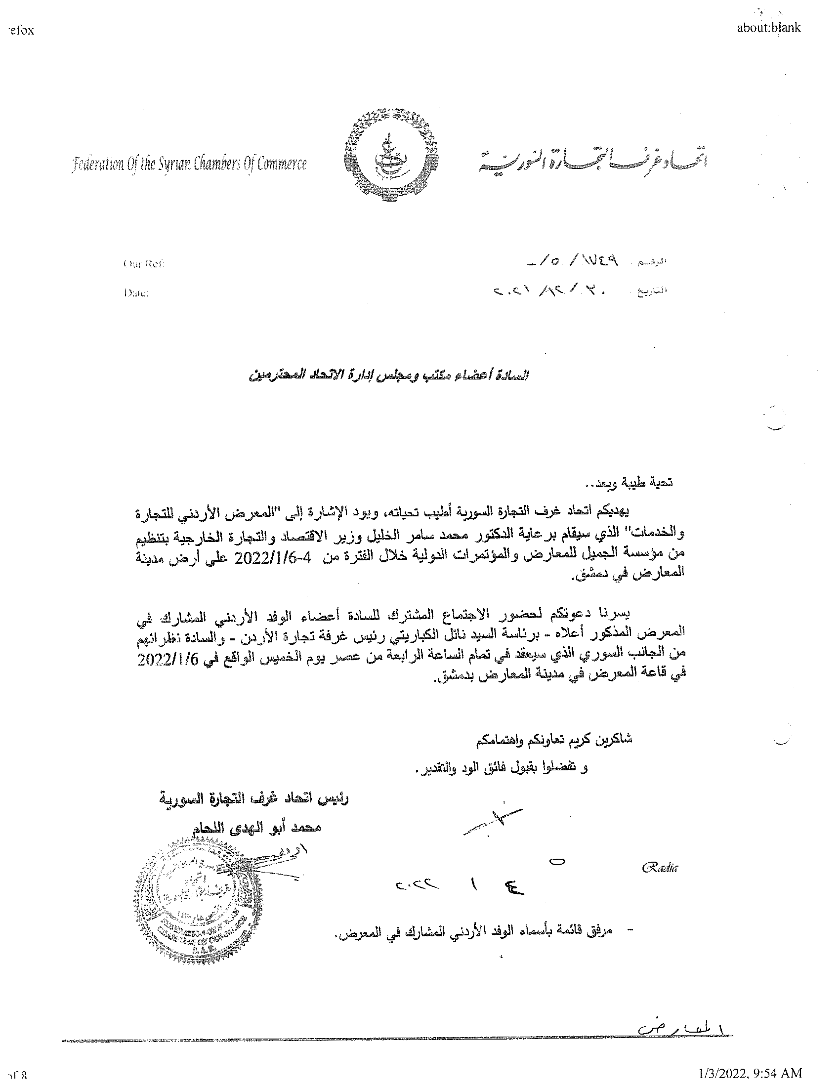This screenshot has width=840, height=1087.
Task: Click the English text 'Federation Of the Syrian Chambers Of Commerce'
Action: pyautogui.click(x=190, y=164)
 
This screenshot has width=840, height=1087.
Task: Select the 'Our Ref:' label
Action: pyautogui.click(x=143, y=264)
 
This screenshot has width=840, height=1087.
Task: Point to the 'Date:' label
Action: pyautogui.click(x=135, y=293)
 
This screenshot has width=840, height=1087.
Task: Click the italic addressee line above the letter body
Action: pyautogui.click(x=389, y=375)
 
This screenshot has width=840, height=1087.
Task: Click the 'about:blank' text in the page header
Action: pyautogui.click(x=769, y=27)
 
